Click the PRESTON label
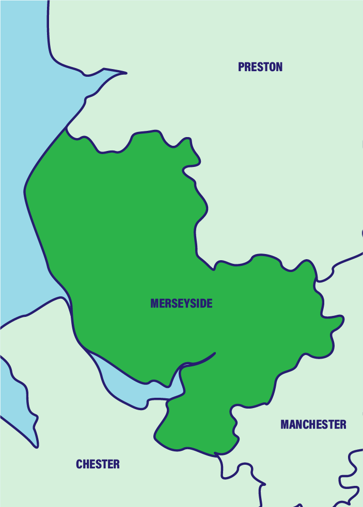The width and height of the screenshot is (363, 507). click(x=260, y=67)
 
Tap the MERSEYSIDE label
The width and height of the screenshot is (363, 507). click(x=181, y=303)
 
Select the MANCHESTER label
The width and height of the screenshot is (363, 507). click(x=313, y=425)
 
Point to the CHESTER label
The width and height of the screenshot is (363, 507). click(x=98, y=464)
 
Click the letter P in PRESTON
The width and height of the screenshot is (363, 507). click(x=241, y=67)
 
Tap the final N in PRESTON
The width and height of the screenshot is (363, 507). click(x=279, y=67)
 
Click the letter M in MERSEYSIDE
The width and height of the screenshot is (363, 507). click(x=154, y=303)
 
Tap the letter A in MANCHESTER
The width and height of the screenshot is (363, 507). click(x=291, y=425)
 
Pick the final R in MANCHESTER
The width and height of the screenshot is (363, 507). click(x=343, y=425)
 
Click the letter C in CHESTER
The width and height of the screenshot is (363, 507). click(x=80, y=464)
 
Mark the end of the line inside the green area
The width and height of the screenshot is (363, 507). click(x=214, y=353)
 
